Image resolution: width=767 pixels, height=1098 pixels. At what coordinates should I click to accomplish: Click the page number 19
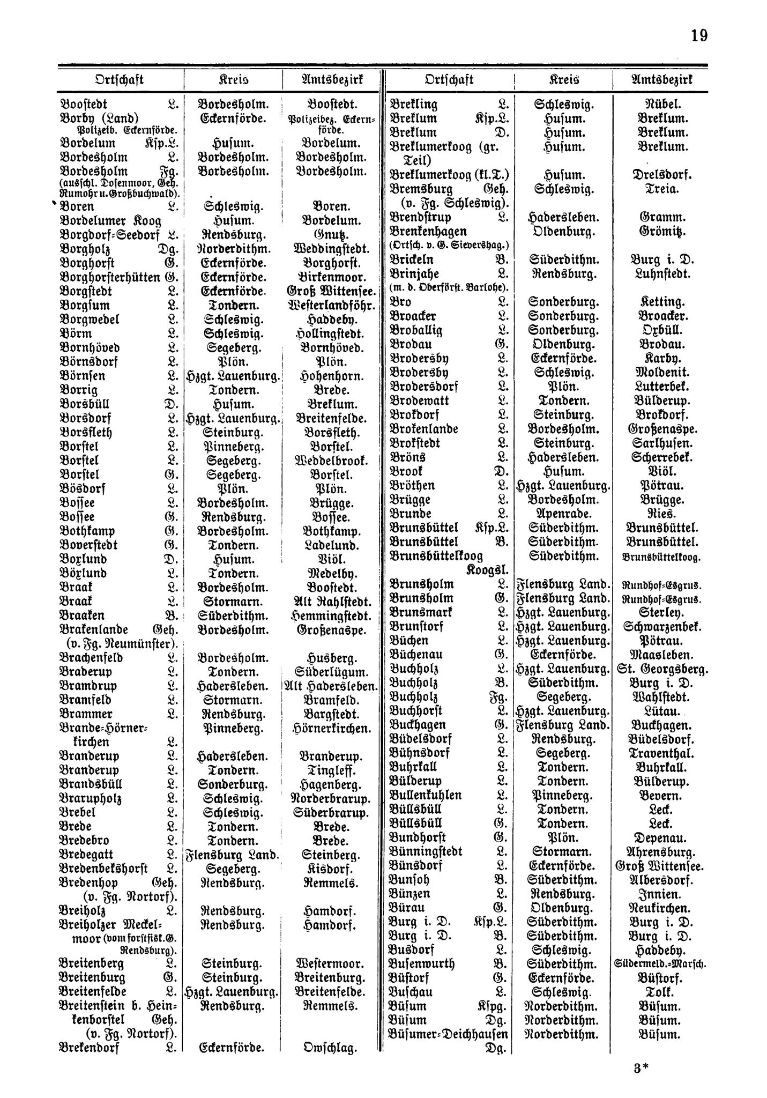(x=698, y=36)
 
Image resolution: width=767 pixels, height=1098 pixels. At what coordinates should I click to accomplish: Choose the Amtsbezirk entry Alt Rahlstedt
(x=333, y=602)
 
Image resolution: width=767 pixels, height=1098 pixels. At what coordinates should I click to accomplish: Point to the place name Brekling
(x=414, y=105)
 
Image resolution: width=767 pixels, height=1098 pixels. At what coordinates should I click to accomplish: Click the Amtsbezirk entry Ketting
(x=659, y=301)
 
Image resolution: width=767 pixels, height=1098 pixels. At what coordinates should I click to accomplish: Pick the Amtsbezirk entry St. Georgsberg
(x=665, y=669)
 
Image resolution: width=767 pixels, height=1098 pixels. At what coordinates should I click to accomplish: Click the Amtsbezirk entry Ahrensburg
(x=660, y=851)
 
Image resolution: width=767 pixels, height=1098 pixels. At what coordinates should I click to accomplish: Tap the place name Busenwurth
(x=423, y=963)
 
